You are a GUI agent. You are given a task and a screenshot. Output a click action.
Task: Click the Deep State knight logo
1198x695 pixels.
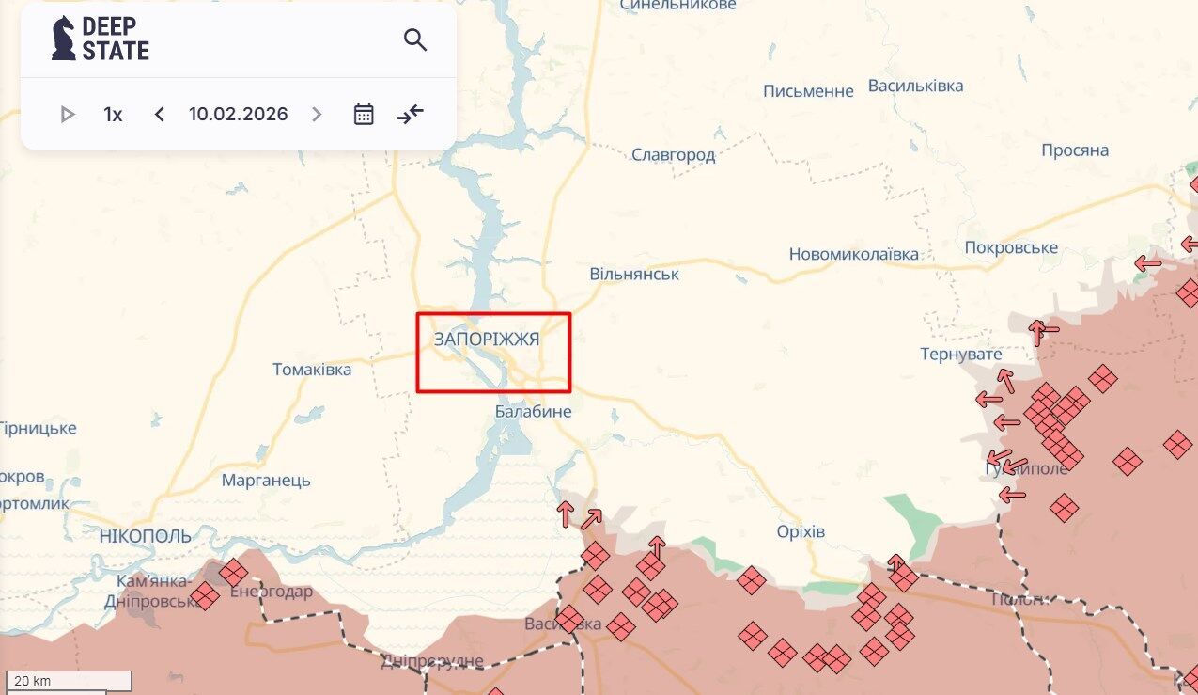click(x=64, y=39)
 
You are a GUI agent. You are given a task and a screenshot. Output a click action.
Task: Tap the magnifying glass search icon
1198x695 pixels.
click(x=415, y=39)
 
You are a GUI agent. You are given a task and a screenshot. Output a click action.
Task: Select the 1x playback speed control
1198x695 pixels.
click(x=113, y=115)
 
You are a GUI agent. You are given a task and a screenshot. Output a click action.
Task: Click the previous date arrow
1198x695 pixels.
click(x=160, y=115)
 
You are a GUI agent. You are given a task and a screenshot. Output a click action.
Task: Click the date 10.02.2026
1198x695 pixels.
click(x=238, y=115)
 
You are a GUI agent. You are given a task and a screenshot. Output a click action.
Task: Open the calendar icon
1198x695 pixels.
click(x=364, y=115)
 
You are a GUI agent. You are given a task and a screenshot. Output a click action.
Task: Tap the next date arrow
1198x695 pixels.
click(x=317, y=115)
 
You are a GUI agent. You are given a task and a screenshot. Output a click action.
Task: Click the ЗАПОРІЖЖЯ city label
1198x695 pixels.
click(x=487, y=340)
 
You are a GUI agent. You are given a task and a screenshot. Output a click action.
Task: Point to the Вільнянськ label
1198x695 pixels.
click(x=634, y=275)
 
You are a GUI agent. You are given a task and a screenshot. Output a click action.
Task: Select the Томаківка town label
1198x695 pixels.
click(x=312, y=370)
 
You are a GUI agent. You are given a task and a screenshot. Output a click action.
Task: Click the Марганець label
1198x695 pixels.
click(x=266, y=481)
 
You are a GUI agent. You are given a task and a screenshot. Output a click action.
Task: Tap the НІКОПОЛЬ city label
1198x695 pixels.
click(x=145, y=536)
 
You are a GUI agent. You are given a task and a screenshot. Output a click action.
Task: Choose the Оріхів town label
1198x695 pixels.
click(x=801, y=532)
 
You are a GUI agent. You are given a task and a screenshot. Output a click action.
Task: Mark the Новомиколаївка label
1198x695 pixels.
click(x=853, y=254)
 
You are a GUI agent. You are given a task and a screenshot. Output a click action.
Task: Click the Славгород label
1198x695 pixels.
click(x=673, y=155)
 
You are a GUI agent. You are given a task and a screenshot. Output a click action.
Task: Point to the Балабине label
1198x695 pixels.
click(x=533, y=412)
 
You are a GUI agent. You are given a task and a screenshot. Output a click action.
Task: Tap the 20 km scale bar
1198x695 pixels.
click(x=68, y=681)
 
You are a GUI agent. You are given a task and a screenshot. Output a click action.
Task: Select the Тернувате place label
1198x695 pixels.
click(x=960, y=355)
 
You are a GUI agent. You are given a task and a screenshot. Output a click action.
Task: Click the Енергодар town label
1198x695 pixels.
click(x=271, y=592)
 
